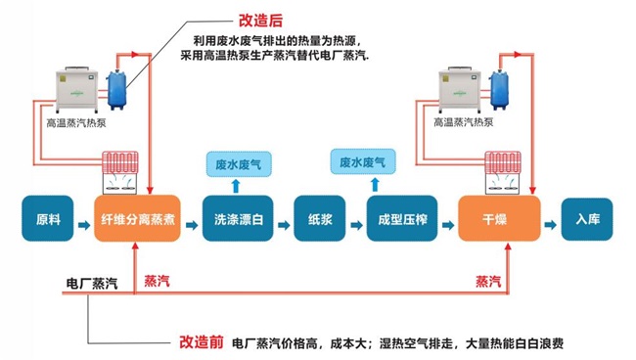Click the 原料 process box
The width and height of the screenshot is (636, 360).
pyautogui.click(x=48, y=218)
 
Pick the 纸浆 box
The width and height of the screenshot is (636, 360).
pyautogui.click(x=321, y=218)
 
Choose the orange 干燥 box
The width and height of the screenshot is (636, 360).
pyautogui.click(x=499, y=218)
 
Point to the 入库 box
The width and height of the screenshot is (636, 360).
pyautogui.click(x=588, y=218)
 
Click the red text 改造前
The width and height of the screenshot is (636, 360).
pyautogui.click(x=202, y=343)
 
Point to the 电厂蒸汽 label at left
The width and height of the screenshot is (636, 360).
pyautogui.click(x=91, y=283)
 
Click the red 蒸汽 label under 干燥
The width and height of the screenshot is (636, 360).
pyautogui.click(x=489, y=282)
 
